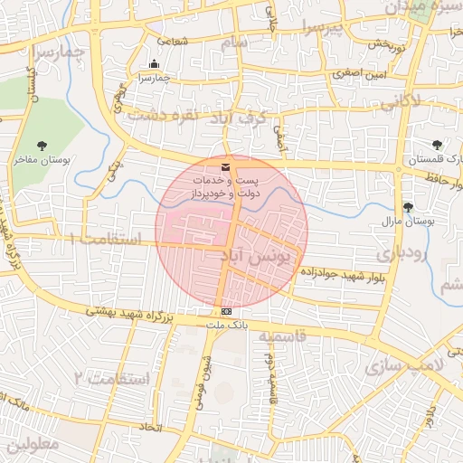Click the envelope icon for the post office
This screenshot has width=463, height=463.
(225, 167)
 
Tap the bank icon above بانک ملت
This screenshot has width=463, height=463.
(225, 312)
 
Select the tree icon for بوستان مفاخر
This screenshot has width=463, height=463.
(43, 145)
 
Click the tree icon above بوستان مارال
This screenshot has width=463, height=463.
(409, 206)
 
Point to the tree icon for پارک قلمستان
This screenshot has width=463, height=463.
(438, 144)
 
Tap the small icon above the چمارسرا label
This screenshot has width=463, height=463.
(154, 64)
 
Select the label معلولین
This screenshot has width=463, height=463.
(31, 447)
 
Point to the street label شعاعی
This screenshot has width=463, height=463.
(173, 40)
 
